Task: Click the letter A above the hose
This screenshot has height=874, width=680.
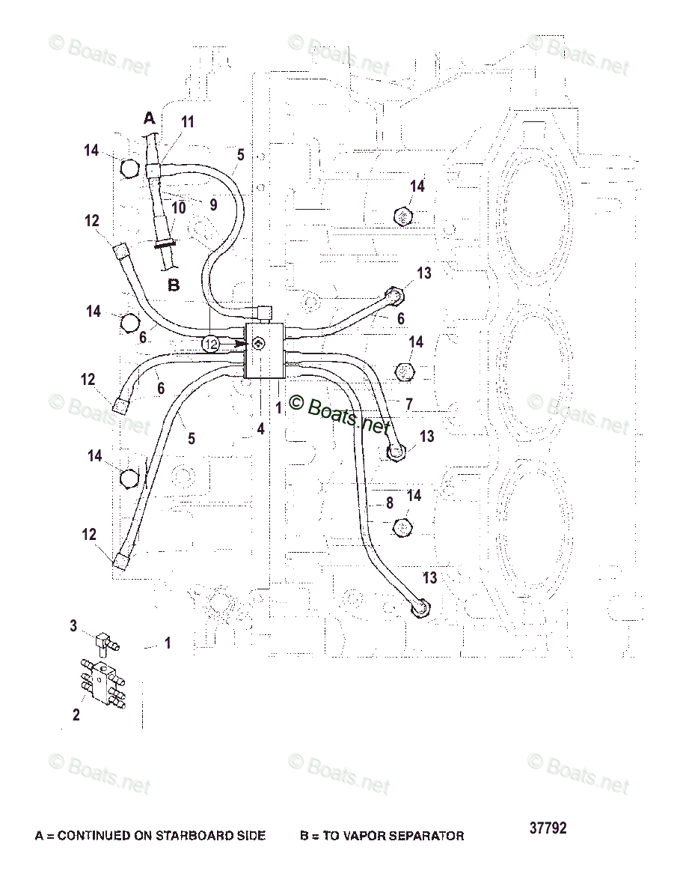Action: click(x=149, y=118)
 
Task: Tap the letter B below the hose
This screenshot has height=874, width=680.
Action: click(x=173, y=285)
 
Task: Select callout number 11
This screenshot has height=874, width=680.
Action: click(x=187, y=122)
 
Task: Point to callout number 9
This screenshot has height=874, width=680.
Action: click(x=213, y=204)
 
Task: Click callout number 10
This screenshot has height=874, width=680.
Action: click(x=178, y=207)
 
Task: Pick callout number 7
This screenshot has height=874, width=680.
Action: click(x=408, y=404)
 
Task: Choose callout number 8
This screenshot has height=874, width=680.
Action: click(x=390, y=503)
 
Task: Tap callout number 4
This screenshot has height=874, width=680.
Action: click(x=260, y=429)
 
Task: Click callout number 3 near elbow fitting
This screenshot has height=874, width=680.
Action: click(x=73, y=625)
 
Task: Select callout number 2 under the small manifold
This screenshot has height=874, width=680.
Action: click(x=76, y=714)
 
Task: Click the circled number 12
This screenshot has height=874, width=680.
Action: click(x=211, y=344)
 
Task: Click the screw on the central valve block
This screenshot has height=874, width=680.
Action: click(x=258, y=344)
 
